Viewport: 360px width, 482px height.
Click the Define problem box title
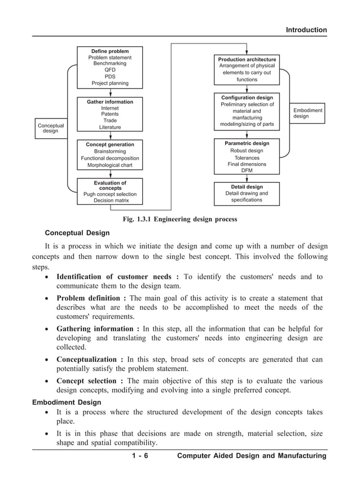pyautogui.click(x=110, y=51)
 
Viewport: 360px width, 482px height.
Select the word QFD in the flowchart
pyautogui.click(x=110, y=71)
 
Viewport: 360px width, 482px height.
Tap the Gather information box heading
pyautogui.click(x=110, y=102)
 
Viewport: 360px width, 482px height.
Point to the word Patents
pyautogui.click(x=110, y=115)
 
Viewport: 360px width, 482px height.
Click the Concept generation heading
pyautogui.click(x=110, y=145)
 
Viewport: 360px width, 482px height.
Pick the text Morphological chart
pyautogui.click(x=110, y=165)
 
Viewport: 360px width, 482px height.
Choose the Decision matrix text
pyautogui.click(x=110, y=200)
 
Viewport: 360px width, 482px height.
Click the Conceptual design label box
pyautogui.click(x=50, y=128)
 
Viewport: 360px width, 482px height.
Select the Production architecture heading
pyautogui.click(x=247, y=59)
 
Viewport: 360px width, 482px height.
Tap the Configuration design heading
pyautogui.click(x=247, y=98)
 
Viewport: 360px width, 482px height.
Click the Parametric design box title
pyautogui.click(x=247, y=143)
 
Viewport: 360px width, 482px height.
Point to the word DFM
pyautogui.click(x=247, y=171)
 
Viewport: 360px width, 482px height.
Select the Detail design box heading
pyautogui.click(x=247, y=187)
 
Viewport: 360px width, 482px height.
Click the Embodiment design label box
pyautogui.click(x=308, y=113)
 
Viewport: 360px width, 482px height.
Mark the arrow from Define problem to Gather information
pyautogui.click(x=111, y=93)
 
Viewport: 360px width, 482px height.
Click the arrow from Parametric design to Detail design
pyautogui.click(x=247, y=178)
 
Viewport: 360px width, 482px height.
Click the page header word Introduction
pyautogui.click(x=306, y=30)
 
